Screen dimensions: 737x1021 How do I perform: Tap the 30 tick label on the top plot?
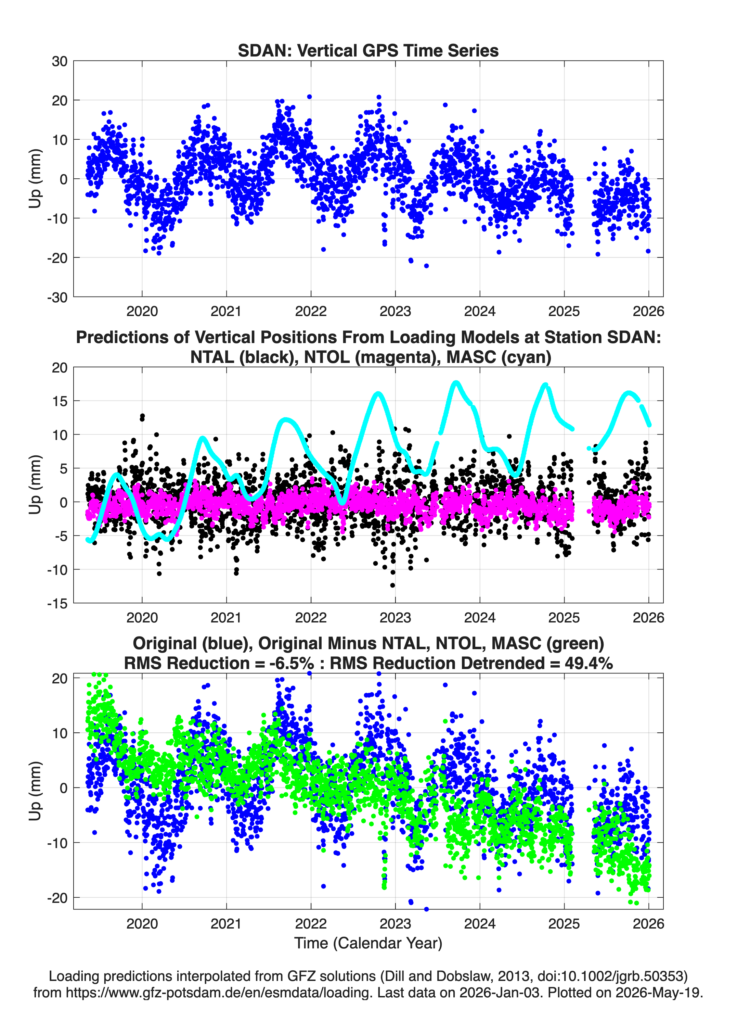point(60,61)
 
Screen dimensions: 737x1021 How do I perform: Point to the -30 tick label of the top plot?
point(57,298)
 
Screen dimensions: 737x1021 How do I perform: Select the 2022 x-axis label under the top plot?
point(310,311)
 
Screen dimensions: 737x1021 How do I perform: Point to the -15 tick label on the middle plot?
point(57,604)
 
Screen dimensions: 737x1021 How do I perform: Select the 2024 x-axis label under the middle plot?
point(480,617)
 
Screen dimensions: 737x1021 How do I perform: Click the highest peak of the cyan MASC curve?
point(456,383)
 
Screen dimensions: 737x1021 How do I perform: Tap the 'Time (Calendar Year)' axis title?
point(368,943)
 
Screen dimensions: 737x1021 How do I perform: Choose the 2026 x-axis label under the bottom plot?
point(648,924)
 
